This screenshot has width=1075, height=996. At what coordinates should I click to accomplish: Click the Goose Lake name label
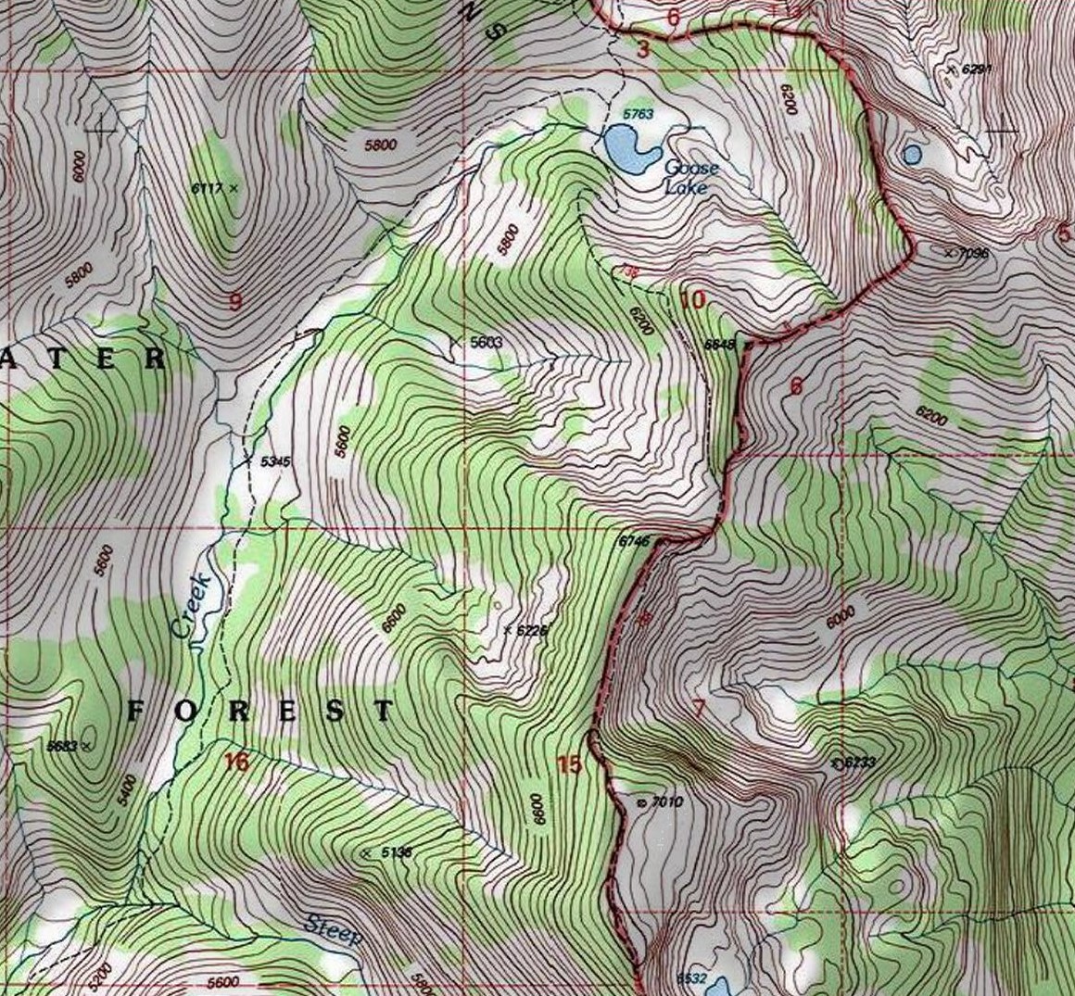691,177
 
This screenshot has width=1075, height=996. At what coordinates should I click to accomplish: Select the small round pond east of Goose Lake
912,154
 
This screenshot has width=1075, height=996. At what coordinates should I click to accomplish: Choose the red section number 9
234,300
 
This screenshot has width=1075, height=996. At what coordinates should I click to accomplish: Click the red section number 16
236,762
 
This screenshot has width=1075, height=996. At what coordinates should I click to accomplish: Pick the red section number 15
569,764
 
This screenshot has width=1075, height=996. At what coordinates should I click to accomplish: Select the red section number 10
693,300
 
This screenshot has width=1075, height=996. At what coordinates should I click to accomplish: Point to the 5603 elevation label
486,342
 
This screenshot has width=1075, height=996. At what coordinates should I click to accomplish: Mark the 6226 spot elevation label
532,630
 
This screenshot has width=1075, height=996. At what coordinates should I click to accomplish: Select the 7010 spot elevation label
666,801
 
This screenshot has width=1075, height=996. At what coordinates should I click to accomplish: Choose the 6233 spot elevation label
860,763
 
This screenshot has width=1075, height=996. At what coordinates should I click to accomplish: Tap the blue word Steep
333,929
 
